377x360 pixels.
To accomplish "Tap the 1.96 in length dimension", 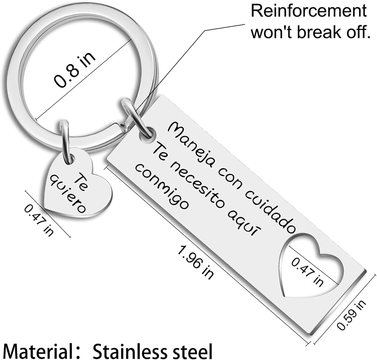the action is (195, 262).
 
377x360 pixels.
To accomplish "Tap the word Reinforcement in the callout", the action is (309, 11).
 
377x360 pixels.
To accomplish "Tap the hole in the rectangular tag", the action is (147, 134).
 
